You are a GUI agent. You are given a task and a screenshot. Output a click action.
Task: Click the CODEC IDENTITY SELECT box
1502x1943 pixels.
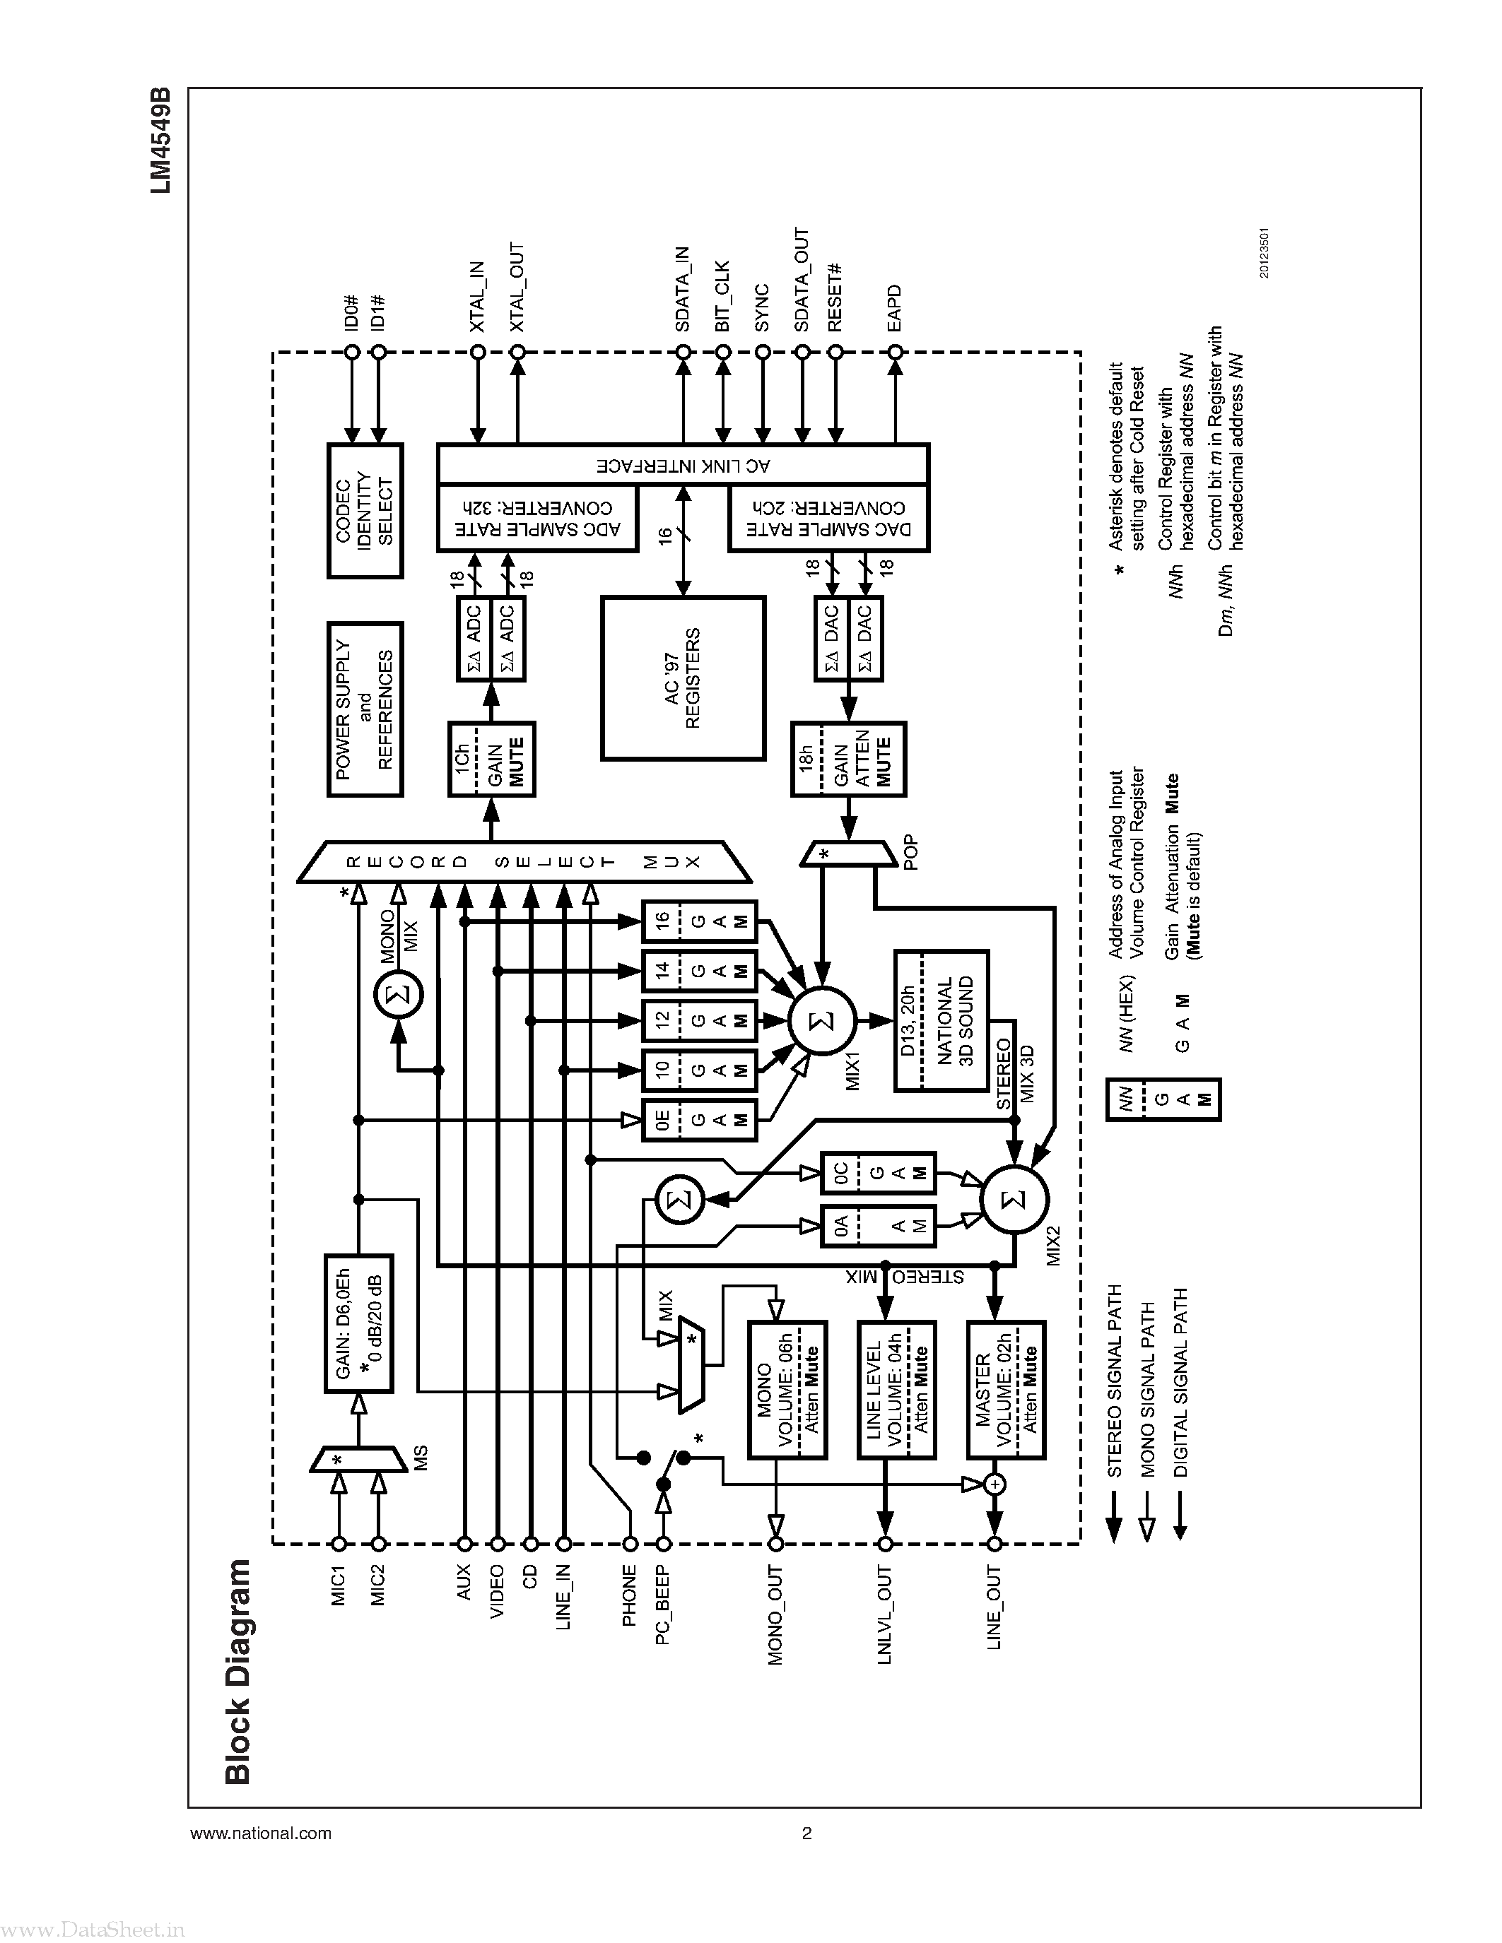coord(365,511)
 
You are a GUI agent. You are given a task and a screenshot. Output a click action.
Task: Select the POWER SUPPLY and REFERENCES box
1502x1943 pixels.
coord(365,709)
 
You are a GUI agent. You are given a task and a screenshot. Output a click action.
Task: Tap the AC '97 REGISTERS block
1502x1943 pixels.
coord(683,678)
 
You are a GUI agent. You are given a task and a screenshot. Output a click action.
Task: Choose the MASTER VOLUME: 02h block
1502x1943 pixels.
coord(1006,1390)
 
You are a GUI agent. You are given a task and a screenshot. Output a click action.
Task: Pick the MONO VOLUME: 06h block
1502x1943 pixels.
coord(787,1390)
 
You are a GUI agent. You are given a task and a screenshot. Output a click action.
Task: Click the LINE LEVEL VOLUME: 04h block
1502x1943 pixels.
coord(896,1390)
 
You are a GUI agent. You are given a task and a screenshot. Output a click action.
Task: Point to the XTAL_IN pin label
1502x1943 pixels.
coord(477,297)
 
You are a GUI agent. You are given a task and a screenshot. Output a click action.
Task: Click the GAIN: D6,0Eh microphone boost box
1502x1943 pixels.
coord(358,1324)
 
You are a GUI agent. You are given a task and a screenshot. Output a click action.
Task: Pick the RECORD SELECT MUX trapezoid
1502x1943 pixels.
coord(525,861)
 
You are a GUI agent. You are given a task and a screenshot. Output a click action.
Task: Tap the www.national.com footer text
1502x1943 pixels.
coord(261,1833)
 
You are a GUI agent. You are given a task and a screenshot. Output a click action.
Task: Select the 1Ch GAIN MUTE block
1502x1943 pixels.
coord(491,759)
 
